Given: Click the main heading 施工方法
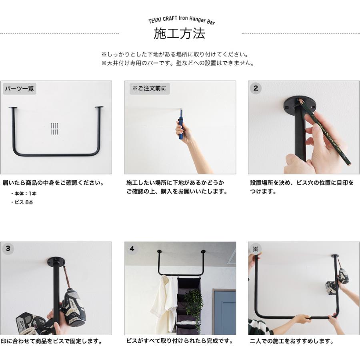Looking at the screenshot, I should (180, 34).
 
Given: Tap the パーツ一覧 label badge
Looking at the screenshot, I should (20, 89).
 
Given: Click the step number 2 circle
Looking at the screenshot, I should (256, 89).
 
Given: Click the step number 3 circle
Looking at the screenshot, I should (8, 249).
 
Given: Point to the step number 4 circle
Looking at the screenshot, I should (132, 249).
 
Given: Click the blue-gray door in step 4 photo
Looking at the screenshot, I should (224, 312).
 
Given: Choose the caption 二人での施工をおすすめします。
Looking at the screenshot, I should (292, 342).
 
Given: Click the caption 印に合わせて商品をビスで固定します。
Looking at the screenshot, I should (51, 342).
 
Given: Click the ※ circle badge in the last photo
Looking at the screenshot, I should (256, 249).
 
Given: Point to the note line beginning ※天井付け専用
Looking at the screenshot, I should (178, 63).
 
